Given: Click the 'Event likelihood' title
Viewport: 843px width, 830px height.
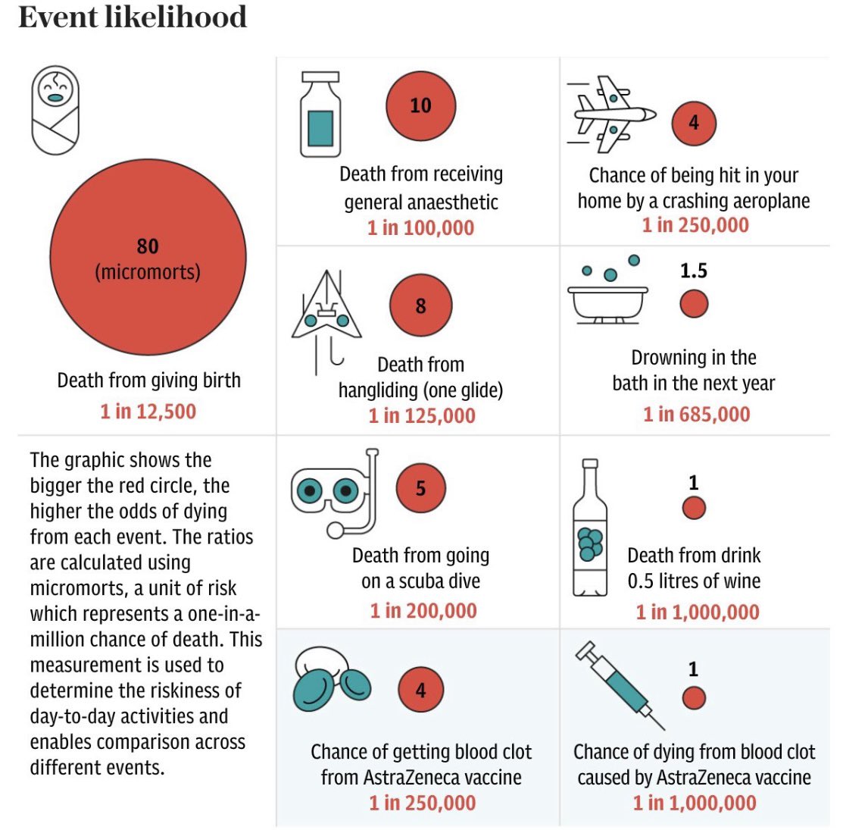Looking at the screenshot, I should [133, 17].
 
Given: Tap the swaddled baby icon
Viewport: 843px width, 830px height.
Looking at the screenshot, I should [55, 110].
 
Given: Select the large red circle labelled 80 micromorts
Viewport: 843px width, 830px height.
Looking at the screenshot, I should [148, 258].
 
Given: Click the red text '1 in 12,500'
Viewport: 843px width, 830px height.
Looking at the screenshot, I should [148, 412].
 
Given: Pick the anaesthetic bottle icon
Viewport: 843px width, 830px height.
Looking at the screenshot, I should [320, 115].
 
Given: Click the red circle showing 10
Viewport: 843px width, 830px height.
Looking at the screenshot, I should [420, 105].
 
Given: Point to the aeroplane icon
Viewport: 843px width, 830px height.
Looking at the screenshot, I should [610, 114].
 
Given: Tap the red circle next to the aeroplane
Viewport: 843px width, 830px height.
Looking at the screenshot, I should [694, 123].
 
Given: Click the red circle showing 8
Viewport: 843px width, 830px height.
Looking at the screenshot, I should [420, 306].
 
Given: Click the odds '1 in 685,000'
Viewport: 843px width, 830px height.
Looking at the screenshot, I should [697, 414].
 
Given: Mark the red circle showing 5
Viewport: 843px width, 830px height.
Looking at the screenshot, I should [420, 489].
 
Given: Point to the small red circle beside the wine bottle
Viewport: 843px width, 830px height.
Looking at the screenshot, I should [694, 508].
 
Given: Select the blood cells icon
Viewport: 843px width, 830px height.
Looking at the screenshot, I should [331, 680].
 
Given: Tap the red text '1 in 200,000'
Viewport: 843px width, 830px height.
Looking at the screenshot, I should [423, 610].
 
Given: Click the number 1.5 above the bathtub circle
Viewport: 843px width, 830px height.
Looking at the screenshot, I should [694, 271].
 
